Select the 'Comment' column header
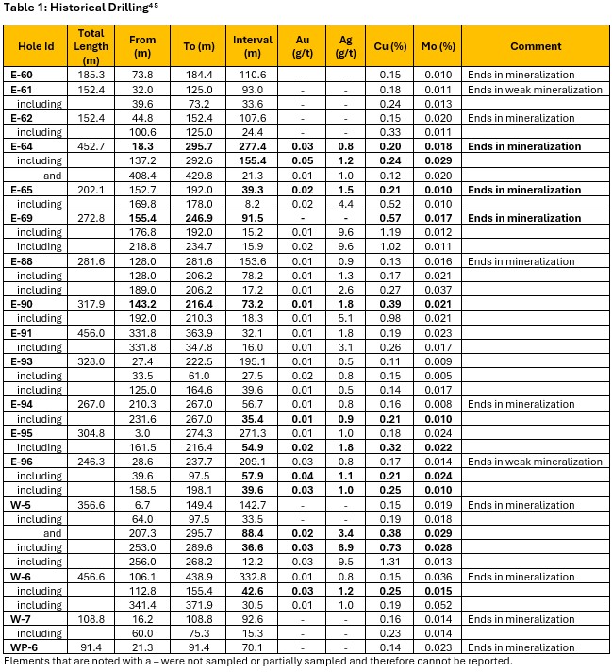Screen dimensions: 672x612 pos(535,46)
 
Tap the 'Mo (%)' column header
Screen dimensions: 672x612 pos(438,46)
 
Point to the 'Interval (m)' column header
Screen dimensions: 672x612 pos(252,46)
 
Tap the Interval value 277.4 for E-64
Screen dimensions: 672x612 pos(252,146)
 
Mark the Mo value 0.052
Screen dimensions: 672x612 pos(438,605)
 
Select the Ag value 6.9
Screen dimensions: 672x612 pos(345,547)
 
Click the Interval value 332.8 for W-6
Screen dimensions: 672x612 pos(252,577)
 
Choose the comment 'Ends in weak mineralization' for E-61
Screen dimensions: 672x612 pos(535,89)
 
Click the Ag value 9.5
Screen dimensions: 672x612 pos(345,563)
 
